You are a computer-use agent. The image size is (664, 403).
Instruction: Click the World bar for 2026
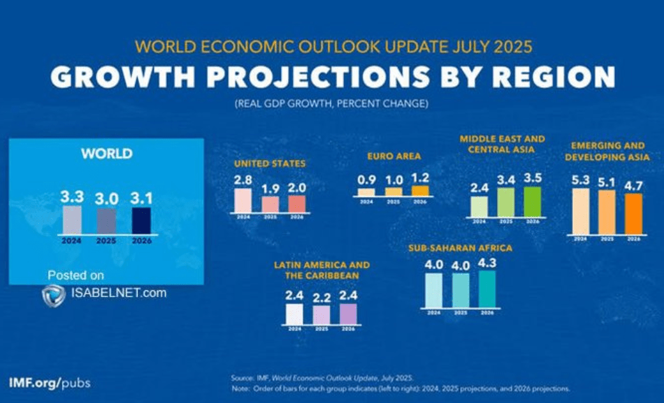[141, 220]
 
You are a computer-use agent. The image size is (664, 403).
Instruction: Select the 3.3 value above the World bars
[72, 197]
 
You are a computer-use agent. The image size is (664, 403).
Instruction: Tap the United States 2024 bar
[243, 200]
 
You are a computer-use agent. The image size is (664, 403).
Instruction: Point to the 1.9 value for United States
[270, 189]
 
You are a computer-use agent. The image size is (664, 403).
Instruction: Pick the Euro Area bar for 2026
[421, 190]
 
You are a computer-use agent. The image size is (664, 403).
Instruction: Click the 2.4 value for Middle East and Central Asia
[479, 188]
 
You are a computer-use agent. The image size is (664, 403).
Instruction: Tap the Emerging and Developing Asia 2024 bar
[580, 211]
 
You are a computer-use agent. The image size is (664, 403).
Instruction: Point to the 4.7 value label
[633, 186]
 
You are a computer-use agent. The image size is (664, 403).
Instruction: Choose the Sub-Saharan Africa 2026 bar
[486, 288]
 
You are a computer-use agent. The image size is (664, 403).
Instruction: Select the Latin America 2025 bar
[321, 315]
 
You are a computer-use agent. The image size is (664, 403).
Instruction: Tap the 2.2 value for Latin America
[321, 298]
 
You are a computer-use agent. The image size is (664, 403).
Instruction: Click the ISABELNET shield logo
[54, 295]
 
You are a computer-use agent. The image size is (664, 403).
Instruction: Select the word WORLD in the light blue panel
[106, 154]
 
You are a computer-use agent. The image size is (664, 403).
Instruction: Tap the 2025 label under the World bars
[106, 242]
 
